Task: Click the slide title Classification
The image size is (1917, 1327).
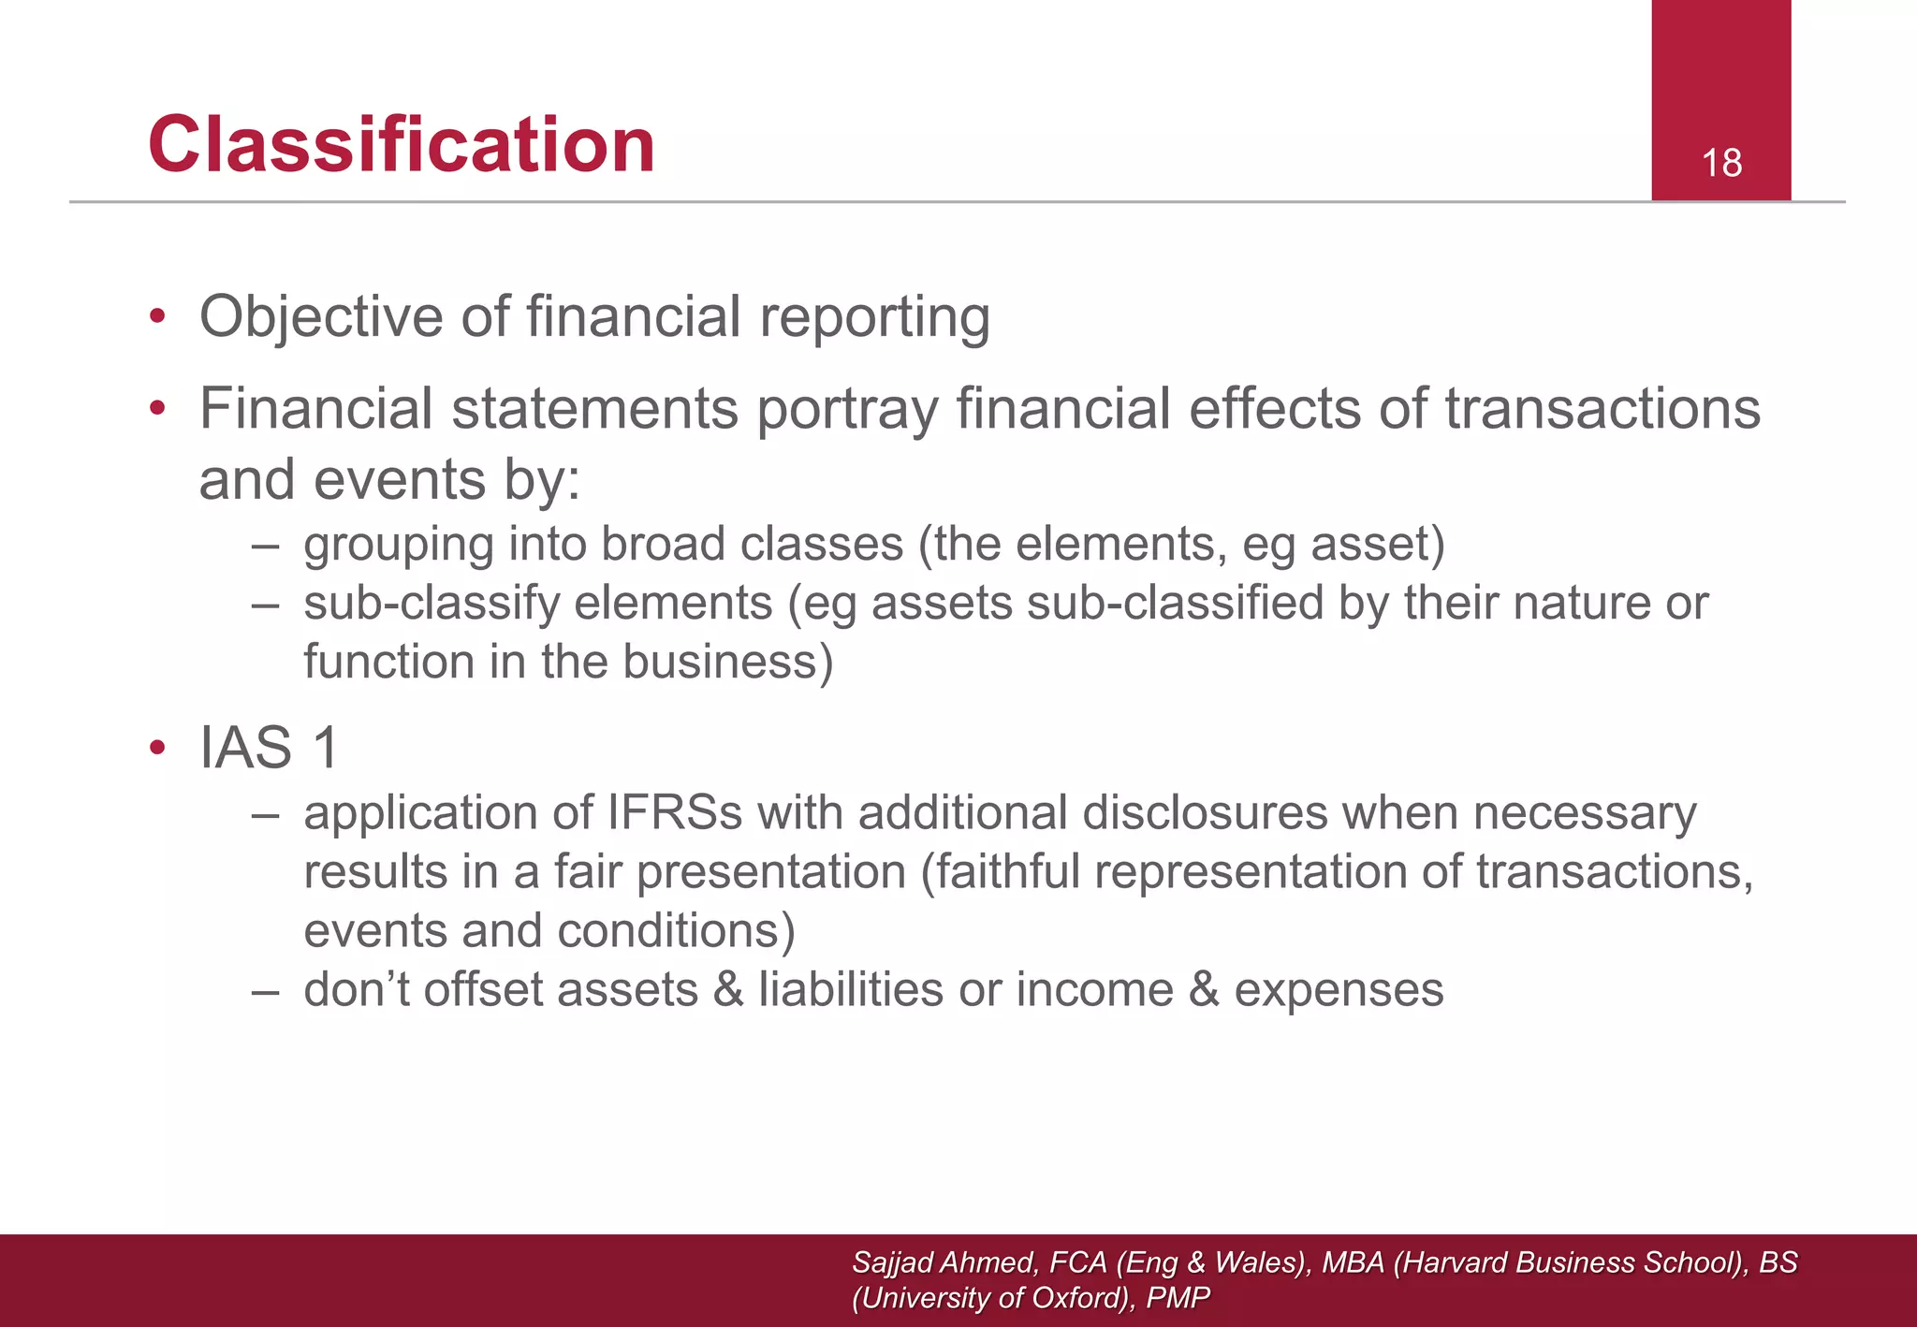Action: [402, 145]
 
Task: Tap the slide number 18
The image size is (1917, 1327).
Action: [1721, 164]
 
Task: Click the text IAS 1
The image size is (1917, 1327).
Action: [269, 748]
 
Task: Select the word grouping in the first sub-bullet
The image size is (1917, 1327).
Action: [398, 546]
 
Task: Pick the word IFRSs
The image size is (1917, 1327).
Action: [674, 812]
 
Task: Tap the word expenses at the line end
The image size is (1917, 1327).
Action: [1339, 990]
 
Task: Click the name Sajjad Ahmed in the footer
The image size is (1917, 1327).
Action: [943, 1262]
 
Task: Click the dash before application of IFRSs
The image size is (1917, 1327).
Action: [265, 814]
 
